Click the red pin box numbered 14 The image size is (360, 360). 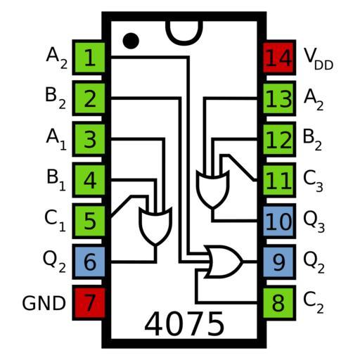(279, 58)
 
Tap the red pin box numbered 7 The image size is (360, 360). (89, 303)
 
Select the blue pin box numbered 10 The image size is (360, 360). (279, 221)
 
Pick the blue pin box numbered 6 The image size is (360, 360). (89, 262)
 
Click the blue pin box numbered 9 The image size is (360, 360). (279, 262)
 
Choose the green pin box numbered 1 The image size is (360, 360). (89, 58)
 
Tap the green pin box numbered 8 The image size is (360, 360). (279, 303)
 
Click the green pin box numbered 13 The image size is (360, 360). (279, 98)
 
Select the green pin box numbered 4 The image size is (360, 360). (89, 180)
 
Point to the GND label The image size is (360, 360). (44, 303)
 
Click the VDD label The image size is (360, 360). (319, 58)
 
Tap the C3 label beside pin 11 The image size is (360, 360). (313, 181)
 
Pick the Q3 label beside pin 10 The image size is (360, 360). (314, 222)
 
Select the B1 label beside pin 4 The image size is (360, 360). (56, 180)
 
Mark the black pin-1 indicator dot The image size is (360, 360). (131, 41)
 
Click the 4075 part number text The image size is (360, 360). (184, 324)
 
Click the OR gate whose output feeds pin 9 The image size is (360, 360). (224, 262)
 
